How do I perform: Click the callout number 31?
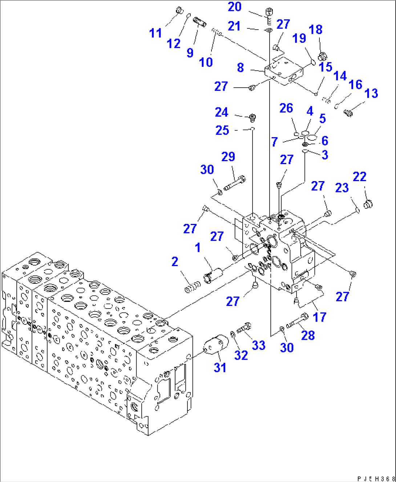pos(220,367)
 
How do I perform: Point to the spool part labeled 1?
pos(214,275)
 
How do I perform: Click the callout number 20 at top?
pos(235,7)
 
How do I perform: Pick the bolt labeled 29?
pos(235,183)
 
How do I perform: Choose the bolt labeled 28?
pos(298,322)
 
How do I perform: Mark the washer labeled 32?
pos(233,333)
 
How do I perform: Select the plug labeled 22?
pos(368,204)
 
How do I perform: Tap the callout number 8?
pos(240,68)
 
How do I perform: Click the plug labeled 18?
pos(322,56)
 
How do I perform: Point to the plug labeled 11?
pos(179,10)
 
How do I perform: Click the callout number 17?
pos(319,317)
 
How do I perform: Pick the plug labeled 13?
pos(348,113)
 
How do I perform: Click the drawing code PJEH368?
pos(376,478)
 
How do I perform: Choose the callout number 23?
pos(342,188)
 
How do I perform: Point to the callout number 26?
pos(286,108)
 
